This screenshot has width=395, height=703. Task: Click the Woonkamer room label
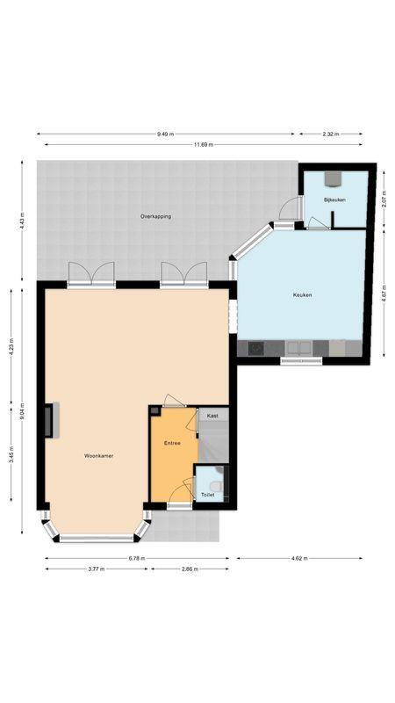coord(99,456)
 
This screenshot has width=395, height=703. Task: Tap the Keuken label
coord(302,295)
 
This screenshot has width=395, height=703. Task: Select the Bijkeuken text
coord(334,200)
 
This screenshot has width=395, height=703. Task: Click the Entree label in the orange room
coord(172,443)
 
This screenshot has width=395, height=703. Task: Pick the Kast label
coord(212,414)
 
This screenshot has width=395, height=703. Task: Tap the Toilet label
coord(207,495)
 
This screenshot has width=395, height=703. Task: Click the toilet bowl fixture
coord(217,482)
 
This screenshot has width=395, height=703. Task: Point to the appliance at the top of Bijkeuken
coord(334,179)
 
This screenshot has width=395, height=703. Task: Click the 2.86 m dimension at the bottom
coord(190,569)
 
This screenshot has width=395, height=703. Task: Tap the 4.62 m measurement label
coord(298,558)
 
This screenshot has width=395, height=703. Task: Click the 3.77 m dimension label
coord(97,569)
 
